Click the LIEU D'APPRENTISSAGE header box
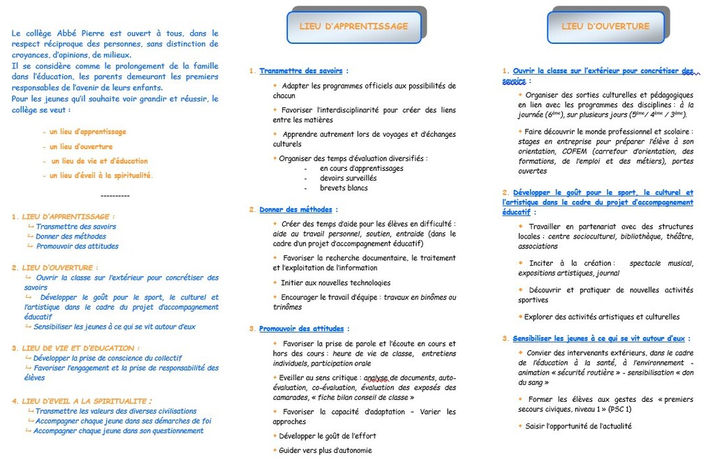click(353, 27)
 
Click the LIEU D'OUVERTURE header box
click(605, 27)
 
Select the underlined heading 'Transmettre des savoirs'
click(302, 71)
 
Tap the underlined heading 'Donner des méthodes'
click(297, 209)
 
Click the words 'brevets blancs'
click(344, 188)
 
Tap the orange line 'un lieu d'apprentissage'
click(88, 132)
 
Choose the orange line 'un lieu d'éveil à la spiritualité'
click(101, 176)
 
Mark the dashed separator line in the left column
click(115, 196)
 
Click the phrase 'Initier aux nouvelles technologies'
click(335, 283)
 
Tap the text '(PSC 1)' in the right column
click(619, 409)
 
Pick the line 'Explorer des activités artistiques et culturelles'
click(602, 317)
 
